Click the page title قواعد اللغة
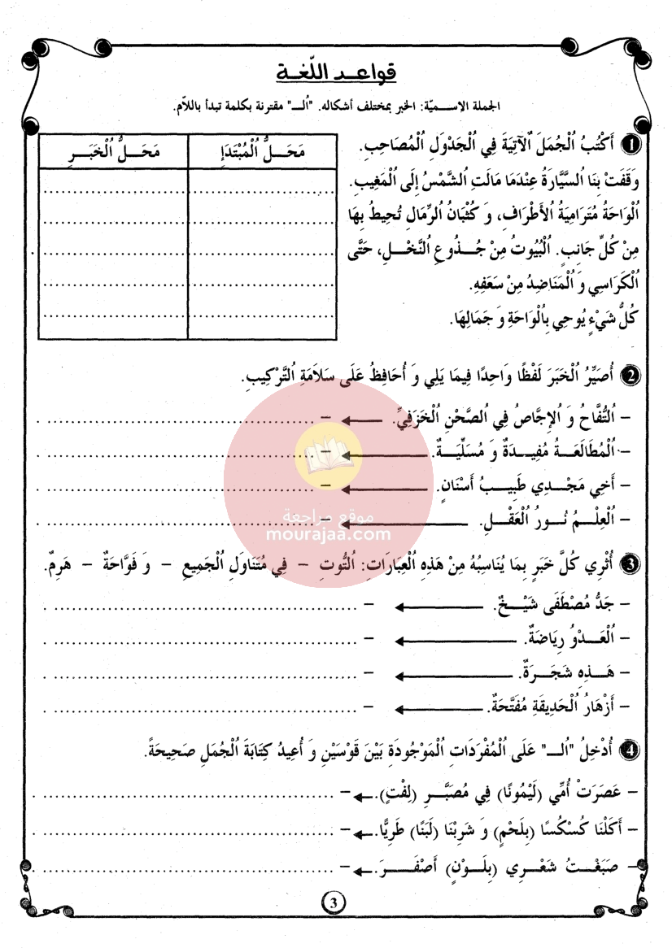335,72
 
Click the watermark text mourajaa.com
329,535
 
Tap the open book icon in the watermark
329,452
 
